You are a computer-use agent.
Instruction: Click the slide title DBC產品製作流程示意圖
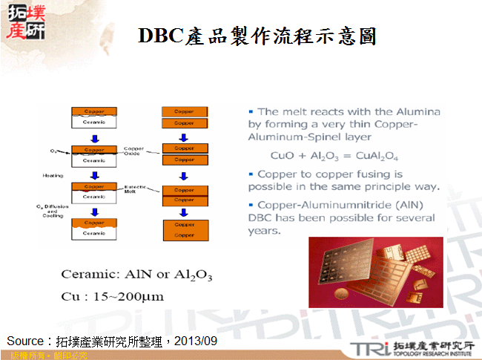(257, 35)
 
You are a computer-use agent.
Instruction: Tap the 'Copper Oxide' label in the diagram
(134, 151)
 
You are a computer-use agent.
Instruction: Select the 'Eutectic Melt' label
(134, 190)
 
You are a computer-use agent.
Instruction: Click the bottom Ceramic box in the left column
(94, 233)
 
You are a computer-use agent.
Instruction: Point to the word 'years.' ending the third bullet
(265, 231)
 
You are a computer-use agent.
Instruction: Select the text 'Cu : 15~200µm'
(112, 296)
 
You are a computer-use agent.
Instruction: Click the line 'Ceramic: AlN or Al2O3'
(136, 275)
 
